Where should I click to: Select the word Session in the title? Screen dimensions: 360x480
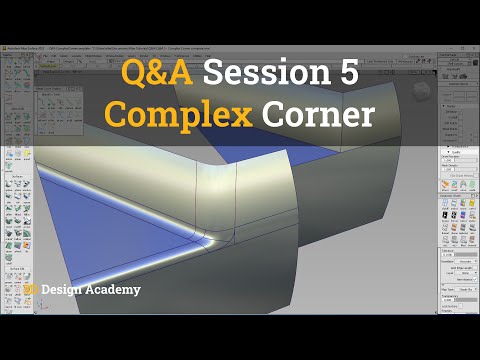tap(266, 72)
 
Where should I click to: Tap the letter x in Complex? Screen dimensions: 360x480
tap(243, 116)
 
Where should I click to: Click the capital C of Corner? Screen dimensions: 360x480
tap(274, 115)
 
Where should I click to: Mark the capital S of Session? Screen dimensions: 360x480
tap(216, 72)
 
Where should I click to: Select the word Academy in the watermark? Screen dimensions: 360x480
tap(115, 290)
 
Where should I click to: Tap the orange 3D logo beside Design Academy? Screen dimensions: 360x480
tap(32, 290)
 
